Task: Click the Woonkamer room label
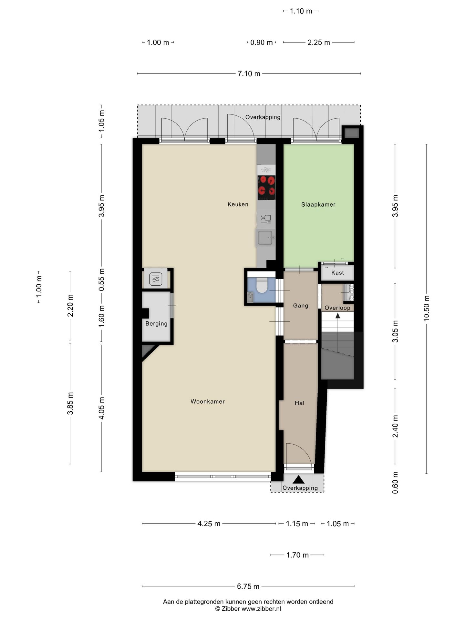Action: point(207,401)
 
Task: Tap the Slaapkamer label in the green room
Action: point(318,204)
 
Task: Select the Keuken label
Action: point(238,204)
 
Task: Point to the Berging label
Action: point(156,324)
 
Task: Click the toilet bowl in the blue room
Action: point(262,285)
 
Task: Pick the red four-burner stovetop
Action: point(266,188)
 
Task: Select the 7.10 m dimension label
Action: point(249,74)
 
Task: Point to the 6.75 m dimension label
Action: point(248,586)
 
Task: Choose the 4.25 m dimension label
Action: point(209,524)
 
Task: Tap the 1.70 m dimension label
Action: point(297,555)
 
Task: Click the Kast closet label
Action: point(337,273)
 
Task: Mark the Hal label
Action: point(299,403)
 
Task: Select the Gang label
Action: point(300,306)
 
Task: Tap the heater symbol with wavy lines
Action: point(156,279)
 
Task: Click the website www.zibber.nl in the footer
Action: point(261,609)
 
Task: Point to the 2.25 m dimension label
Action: point(319,42)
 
